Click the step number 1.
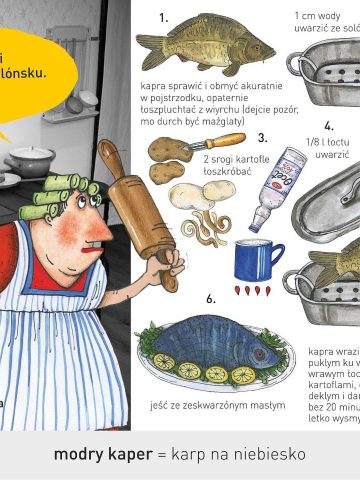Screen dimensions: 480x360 pyautogui.click(x=163, y=18)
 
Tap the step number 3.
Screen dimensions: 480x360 pyautogui.click(x=262, y=138)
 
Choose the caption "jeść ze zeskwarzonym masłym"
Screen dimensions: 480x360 pyautogui.click(x=217, y=405)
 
